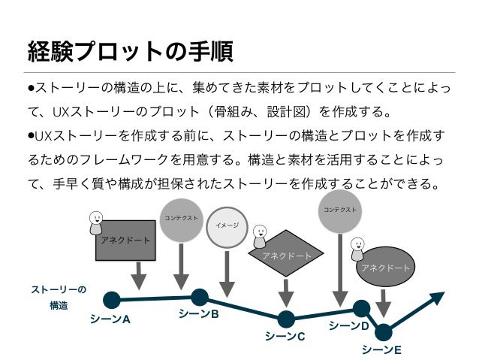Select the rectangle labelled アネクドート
tap(125, 240)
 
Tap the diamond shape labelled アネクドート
tap(286, 255)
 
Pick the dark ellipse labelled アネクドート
tap(385, 267)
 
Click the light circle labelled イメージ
tap(227, 225)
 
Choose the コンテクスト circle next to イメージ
tap(181, 219)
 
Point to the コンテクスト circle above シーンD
tap(340, 210)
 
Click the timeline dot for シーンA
tap(111, 300)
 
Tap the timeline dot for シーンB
tap(200, 297)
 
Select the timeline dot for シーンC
tap(285, 319)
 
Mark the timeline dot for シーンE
tap(384, 331)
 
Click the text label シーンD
tap(348, 326)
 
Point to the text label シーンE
tap(381, 350)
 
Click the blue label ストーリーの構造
tap(59, 298)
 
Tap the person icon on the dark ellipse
tap(357, 247)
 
